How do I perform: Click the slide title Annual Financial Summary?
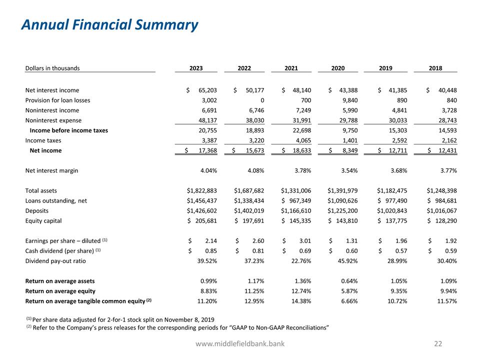[109, 25]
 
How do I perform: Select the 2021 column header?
[291, 68]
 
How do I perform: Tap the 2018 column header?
[435, 68]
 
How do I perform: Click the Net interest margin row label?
[51, 170]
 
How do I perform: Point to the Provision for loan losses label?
[57, 100]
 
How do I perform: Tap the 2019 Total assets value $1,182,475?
[392, 190]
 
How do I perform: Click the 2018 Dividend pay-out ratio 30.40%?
[446, 260]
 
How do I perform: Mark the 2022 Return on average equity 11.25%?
[253, 290]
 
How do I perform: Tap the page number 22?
[438, 344]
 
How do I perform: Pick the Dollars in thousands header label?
[52, 68]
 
